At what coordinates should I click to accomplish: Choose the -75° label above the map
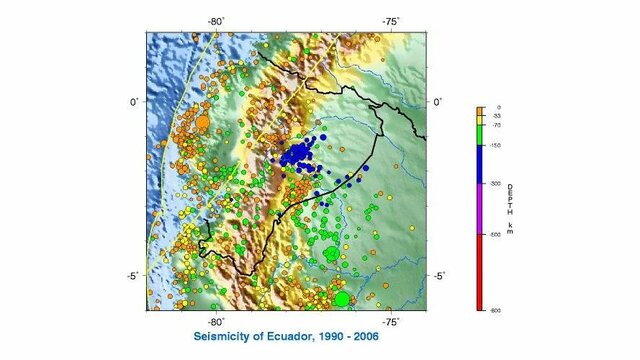pyautogui.click(x=391, y=20)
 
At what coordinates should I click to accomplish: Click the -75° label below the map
pyautogui.click(x=391, y=321)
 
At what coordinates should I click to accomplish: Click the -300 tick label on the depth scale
pyautogui.click(x=495, y=184)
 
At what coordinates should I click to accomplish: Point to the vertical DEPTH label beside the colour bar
pyautogui.click(x=510, y=209)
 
